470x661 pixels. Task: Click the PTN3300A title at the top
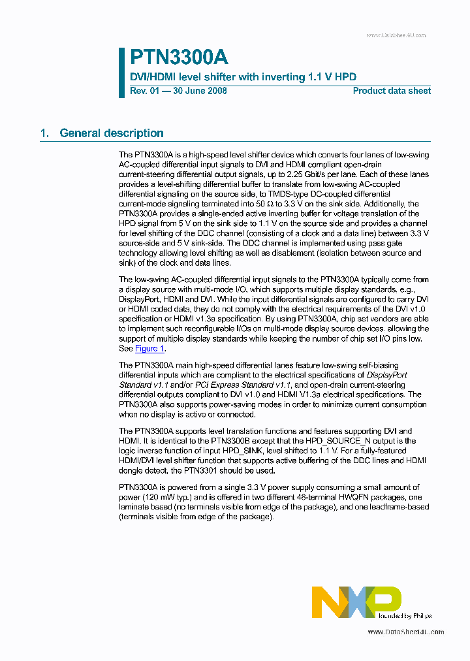[179, 57]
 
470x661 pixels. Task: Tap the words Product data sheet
[392, 91]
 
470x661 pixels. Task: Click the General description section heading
[111, 133]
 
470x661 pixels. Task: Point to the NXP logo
[356, 602]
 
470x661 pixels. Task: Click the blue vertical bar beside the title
[121, 73]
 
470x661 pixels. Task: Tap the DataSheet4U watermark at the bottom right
[405, 632]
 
